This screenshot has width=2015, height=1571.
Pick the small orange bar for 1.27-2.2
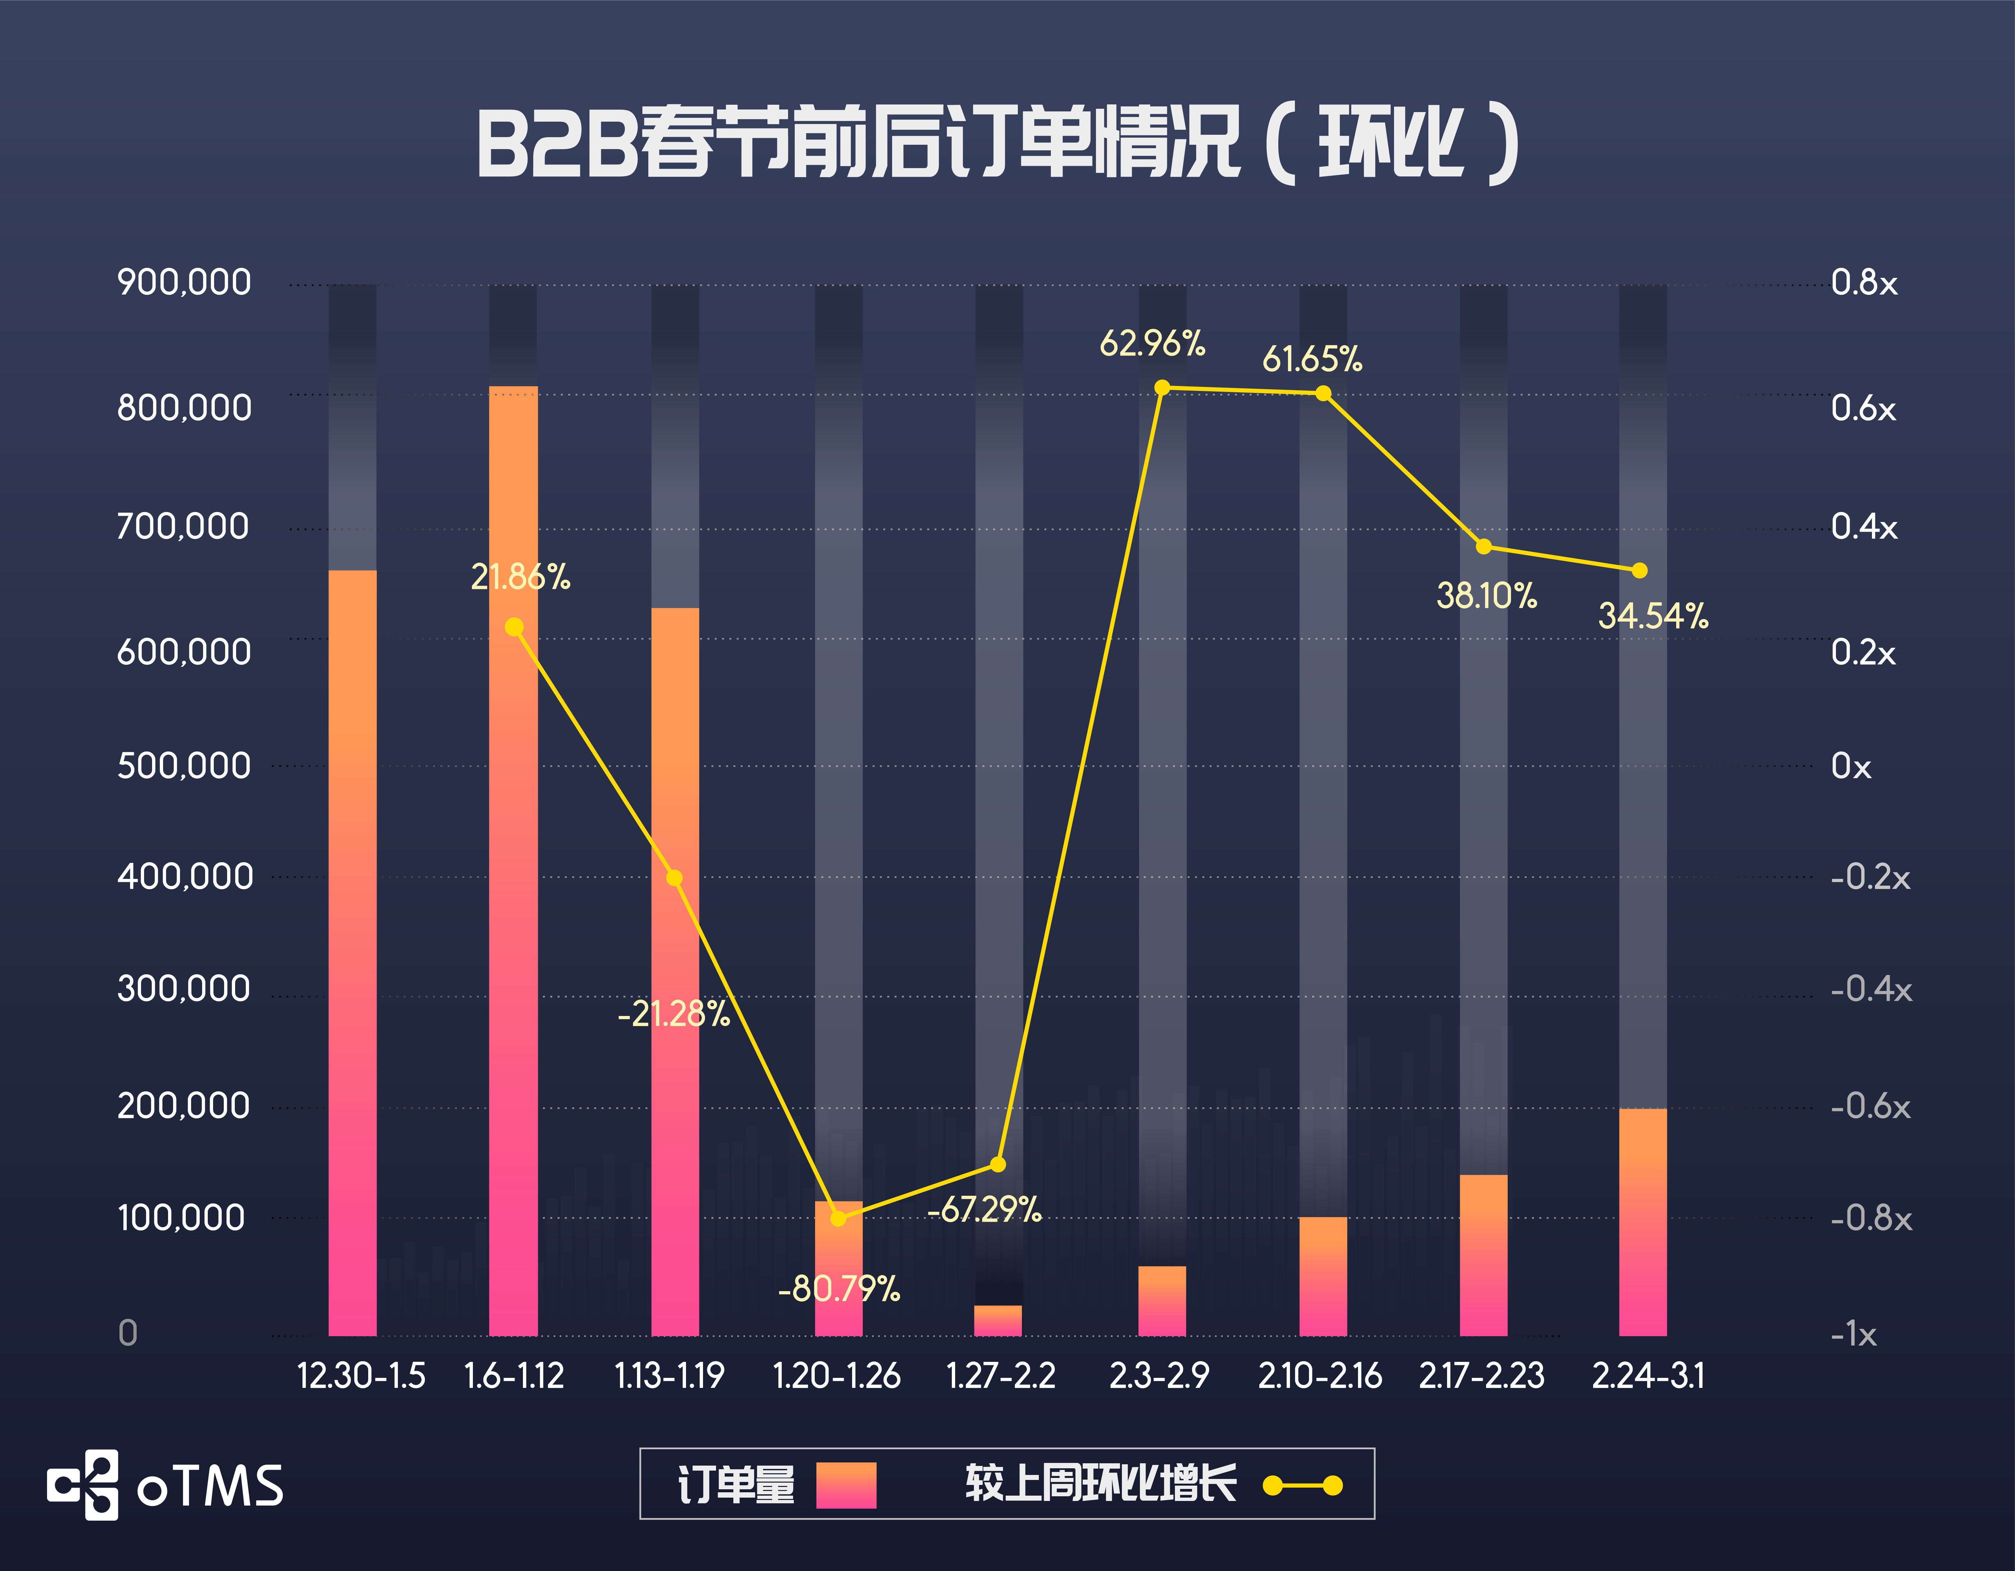pos(998,1320)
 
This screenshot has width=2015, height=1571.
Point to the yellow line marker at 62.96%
pos(1163,388)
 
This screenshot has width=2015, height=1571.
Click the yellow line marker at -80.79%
pos(838,1218)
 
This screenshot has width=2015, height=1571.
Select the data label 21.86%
pos(520,577)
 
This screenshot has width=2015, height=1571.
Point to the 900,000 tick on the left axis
pos(184,282)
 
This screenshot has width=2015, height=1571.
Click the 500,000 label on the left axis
pos(184,766)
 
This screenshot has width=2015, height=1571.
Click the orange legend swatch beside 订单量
pos(845,1484)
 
